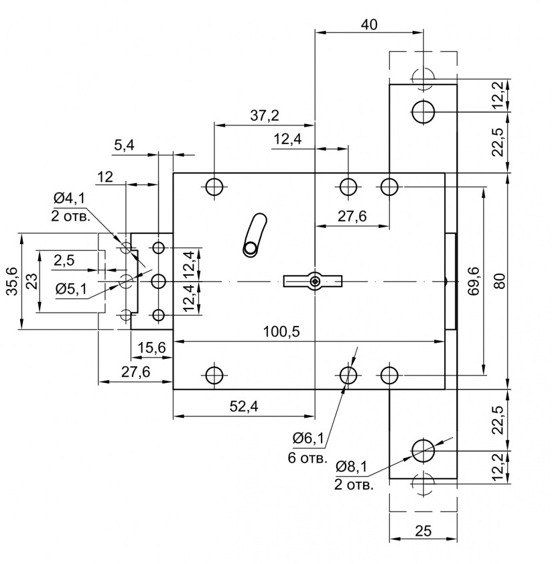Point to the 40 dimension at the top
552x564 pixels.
(x=368, y=24)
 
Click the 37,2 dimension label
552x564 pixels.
(x=265, y=116)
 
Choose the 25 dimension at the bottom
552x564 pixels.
(x=423, y=531)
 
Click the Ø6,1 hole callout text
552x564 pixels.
(x=308, y=439)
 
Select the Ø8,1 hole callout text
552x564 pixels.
(x=351, y=465)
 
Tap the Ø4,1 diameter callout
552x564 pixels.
(x=68, y=199)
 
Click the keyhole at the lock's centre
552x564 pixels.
(x=314, y=280)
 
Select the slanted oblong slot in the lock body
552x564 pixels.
(x=255, y=235)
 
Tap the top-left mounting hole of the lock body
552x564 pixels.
(x=214, y=186)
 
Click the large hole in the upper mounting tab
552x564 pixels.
(x=423, y=111)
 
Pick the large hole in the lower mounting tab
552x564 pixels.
(x=423, y=450)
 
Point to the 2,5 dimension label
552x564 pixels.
(x=66, y=260)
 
